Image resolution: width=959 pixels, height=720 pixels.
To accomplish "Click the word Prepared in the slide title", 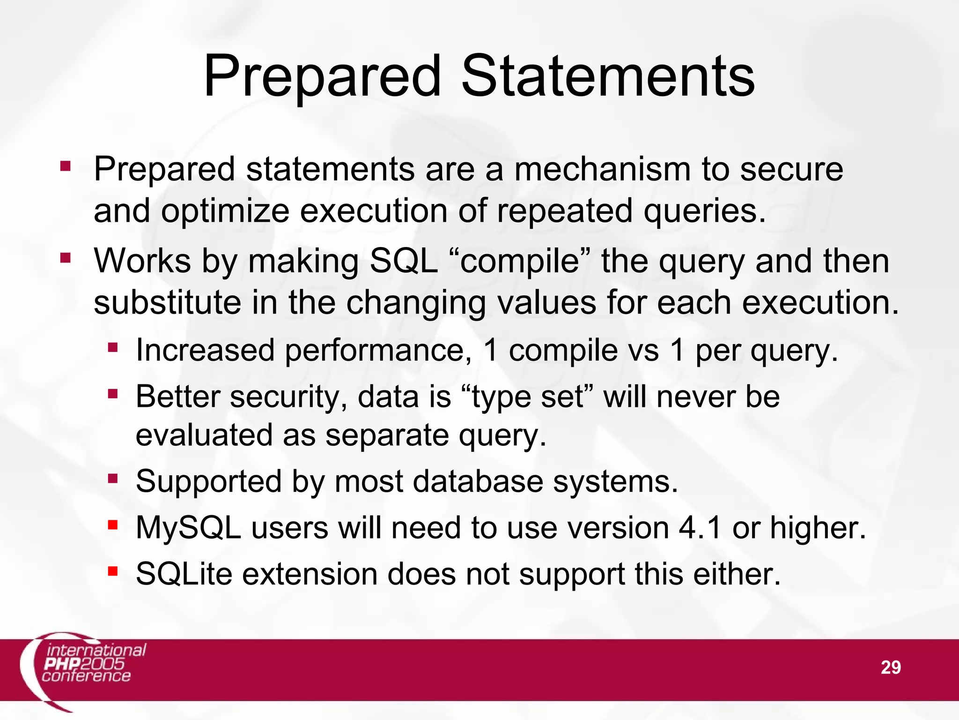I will pyautogui.click(x=323, y=76).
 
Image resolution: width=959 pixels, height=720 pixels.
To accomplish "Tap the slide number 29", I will pyautogui.click(x=890, y=667).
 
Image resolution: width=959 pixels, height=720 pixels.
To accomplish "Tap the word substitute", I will pyautogui.click(x=167, y=302).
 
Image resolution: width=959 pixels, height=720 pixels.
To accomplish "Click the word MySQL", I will pyautogui.click(x=188, y=528).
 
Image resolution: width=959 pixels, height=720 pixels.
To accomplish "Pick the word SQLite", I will pyautogui.click(x=184, y=574).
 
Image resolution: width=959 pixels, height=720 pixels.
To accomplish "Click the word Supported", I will pyautogui.click(x=209, y=481).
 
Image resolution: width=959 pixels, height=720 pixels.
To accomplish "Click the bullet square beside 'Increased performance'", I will pyautogui.click(x=112, y=348).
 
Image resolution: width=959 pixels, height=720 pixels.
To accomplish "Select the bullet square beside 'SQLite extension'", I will pyautogui.click(x=112, y=571).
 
